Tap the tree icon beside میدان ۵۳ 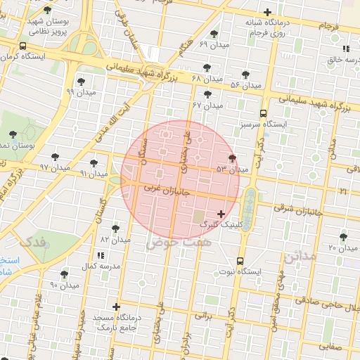click(233, 158)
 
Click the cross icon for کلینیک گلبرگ click(221, 214)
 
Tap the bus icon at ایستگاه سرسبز click(263, 113)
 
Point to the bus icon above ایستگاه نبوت click(240, 260)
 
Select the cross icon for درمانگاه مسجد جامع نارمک click(116, 307)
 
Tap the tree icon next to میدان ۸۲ click(115, 229)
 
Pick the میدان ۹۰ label click(64, 285)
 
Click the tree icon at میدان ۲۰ click(343, 237)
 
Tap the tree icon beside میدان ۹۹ click(81, 81)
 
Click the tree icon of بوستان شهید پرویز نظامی click(47, 10)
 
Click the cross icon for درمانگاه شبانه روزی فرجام click(267, 12)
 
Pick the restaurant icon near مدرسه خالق click(346, 49)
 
